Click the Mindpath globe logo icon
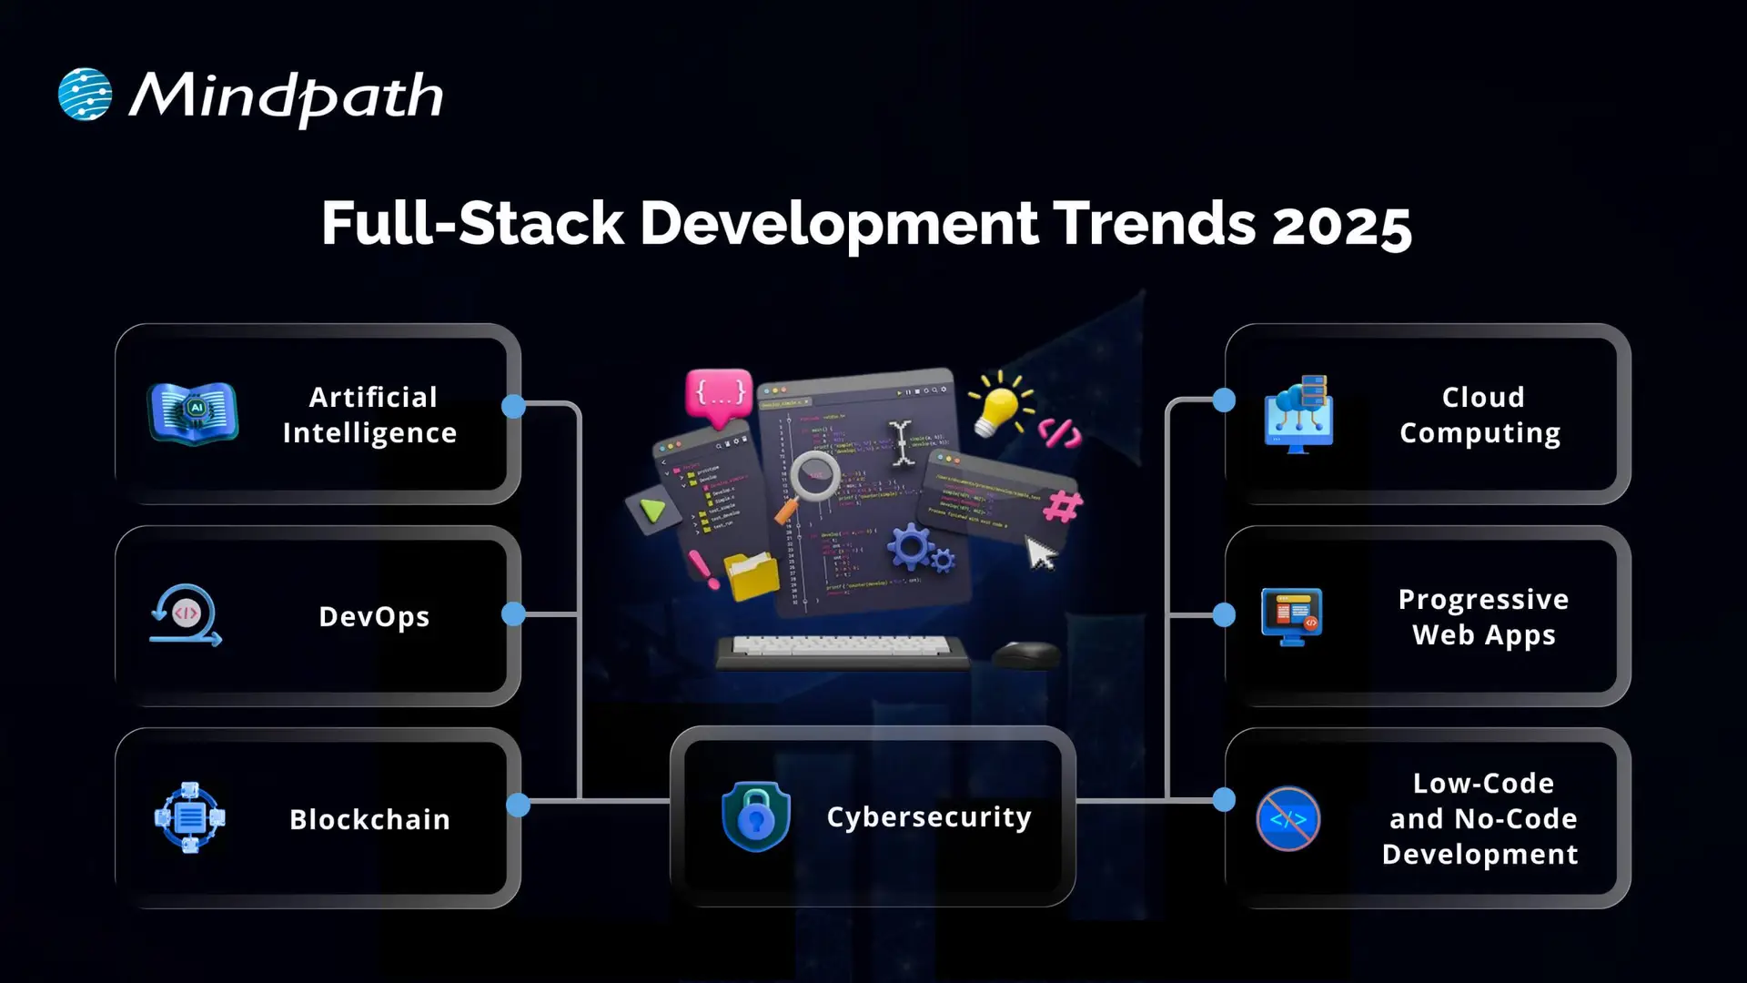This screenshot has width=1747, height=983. [85, 95]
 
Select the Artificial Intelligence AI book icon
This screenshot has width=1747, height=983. [193, 413]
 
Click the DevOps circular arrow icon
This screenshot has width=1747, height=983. [186, 615]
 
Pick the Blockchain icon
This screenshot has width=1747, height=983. [189, 817]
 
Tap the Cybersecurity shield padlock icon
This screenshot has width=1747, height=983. [755, 816]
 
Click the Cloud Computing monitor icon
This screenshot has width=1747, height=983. [1299, 414]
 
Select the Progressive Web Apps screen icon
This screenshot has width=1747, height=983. [1291, 616]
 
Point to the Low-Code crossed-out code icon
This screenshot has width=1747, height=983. [1288, 818]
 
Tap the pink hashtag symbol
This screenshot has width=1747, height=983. [1062, 505]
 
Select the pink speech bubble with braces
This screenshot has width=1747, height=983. [719, 395]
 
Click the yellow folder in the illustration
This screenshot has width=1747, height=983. [752, 575]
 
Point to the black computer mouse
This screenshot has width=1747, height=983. [1025, 654]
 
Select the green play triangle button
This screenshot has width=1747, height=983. [652, 510]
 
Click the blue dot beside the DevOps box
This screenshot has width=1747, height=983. [513, 614]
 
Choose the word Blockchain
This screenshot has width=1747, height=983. [369, 819]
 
